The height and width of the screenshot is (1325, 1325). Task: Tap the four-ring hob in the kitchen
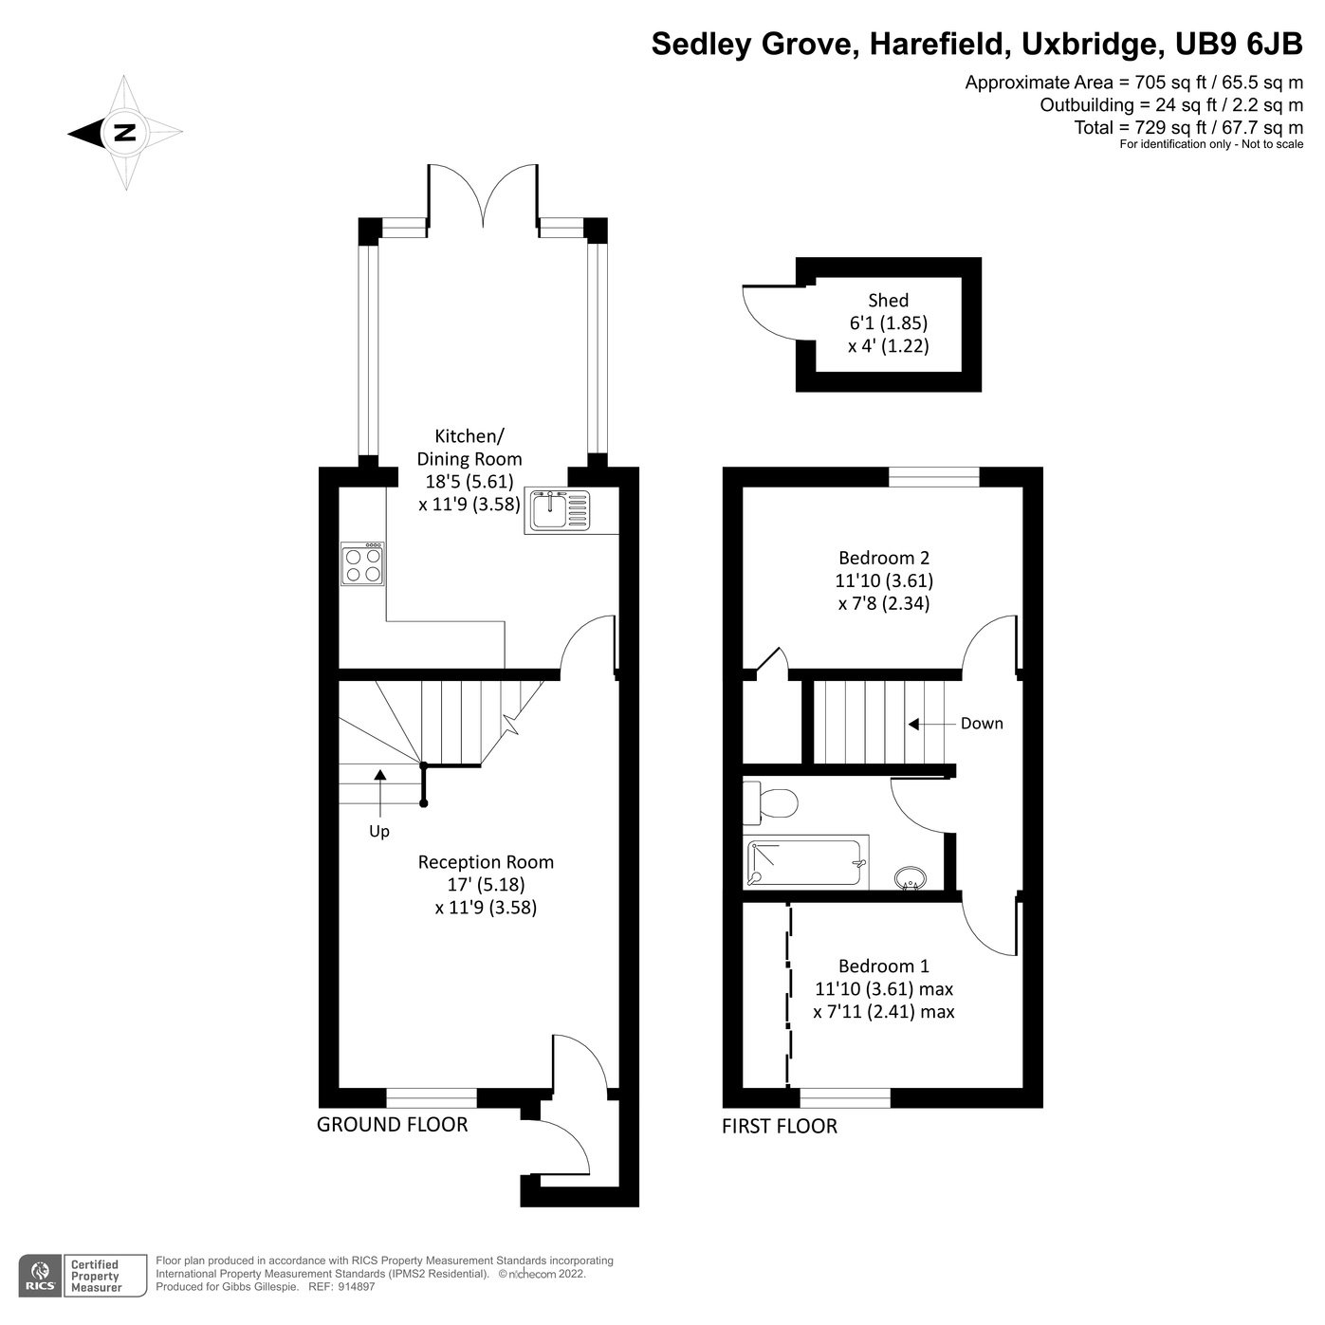click(363, 564)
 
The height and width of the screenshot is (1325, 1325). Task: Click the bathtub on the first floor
click(807, 862)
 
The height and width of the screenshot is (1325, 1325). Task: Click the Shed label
click(888, 301)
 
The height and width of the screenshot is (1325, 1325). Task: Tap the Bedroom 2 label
click(883, 558)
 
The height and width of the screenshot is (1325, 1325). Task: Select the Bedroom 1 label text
click(883, 966)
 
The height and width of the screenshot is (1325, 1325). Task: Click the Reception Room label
click(486, 862)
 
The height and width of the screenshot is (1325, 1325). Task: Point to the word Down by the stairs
click(981, 724)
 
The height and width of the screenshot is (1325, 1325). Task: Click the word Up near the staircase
click(379, 832)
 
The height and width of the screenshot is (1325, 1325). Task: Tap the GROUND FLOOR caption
click(392, 1125)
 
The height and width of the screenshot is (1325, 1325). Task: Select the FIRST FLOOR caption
click(779, 1127)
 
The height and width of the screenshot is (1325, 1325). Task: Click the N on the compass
click(124, 133)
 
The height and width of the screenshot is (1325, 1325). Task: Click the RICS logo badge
click(41, 1276)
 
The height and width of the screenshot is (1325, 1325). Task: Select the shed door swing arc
click(766, 314)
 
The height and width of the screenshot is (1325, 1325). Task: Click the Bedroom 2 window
click(933, 477)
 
